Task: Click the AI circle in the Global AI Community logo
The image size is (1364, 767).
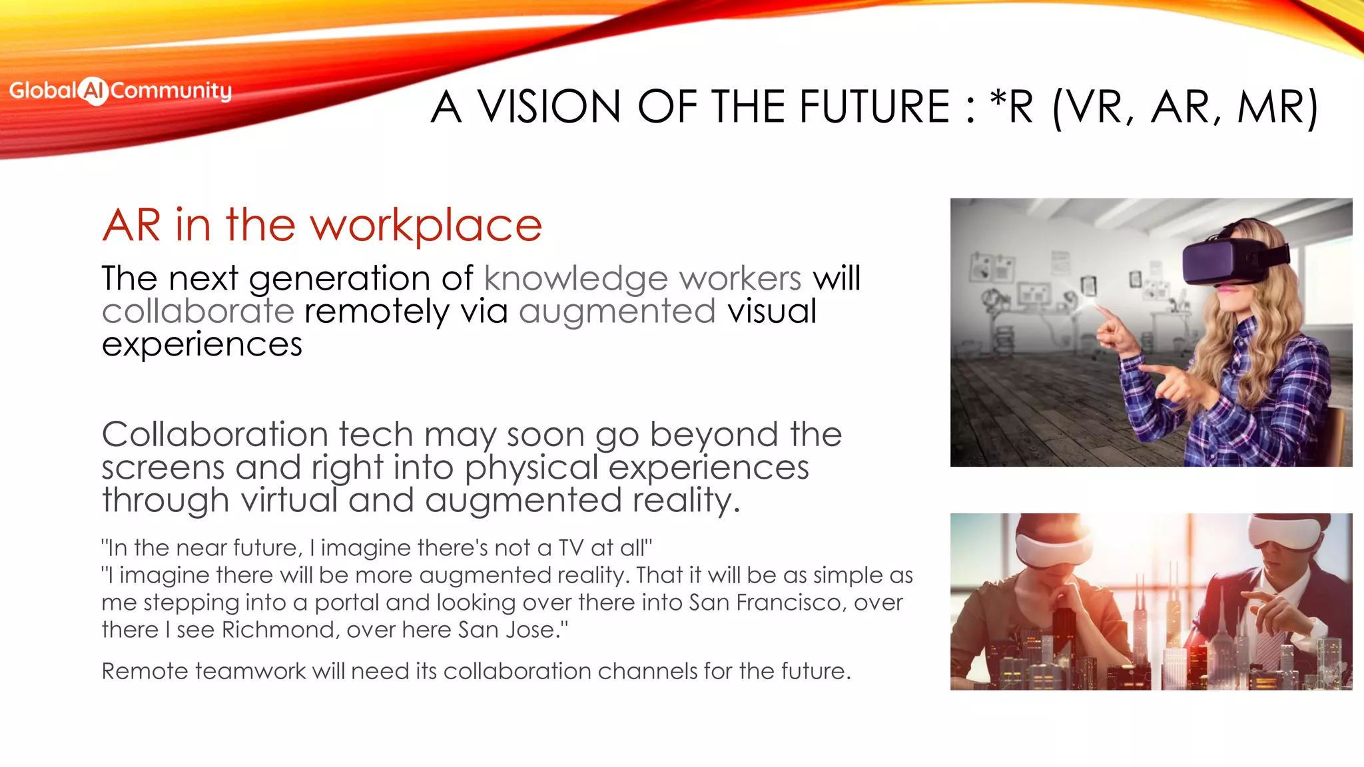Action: click(x=94, y=91)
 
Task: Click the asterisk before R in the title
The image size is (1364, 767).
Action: click(x=998, y=100)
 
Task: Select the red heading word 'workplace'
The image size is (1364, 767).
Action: click(x=426, y=226)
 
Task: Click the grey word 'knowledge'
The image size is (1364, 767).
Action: click(x=575, y=278)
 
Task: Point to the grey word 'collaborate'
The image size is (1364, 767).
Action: click(x=198, y=311)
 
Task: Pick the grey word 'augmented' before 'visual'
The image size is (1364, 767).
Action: click(x=617, y=312)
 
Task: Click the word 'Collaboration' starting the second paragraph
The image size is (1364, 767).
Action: click(x=214, y=435)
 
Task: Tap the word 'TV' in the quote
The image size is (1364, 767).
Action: click(x=571, y=548)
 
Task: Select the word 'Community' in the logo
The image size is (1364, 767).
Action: click(x=171, y=91)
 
